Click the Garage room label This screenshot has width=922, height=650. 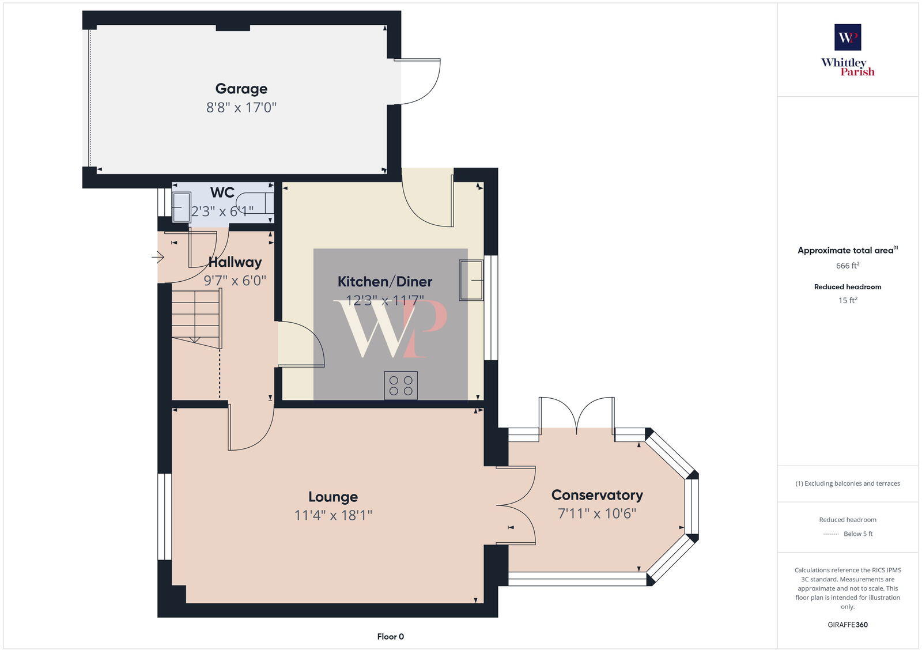pos(241,89)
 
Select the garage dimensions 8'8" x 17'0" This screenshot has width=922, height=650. pos(241,107)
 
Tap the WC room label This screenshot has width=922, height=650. pos(222,192)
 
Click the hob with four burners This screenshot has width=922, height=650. pos(400,386)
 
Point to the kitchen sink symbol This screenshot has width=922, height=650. pos(471,280)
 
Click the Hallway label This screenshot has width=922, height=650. pos(235,262)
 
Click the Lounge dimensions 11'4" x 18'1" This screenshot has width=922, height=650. pos(333,515)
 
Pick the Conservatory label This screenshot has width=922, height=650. pos(597,495)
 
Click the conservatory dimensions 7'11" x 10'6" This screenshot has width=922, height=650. pos(597,513)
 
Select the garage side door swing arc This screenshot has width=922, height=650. pos(424,82)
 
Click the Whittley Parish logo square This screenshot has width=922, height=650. pos(848,37)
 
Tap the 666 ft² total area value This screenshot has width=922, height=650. pos(848,266)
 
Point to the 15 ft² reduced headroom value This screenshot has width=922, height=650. pos(848,300)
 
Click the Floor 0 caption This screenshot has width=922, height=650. pos(390,637)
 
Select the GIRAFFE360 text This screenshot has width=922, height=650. pos(848,625)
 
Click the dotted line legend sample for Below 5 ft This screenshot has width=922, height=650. pos(830,534)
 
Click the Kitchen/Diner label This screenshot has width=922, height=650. pos(384,282)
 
